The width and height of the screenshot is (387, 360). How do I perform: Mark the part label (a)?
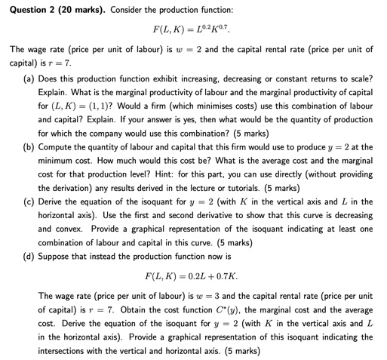coord(28,78)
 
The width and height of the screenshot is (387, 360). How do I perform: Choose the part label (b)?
coord(28,146)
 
